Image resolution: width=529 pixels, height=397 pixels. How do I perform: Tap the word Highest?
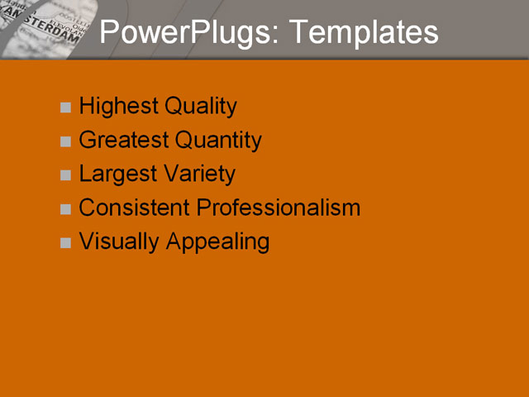pyautogui.click(x=118, y=107)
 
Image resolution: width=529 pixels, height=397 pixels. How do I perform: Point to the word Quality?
pyautogui.click(x=201, y=107)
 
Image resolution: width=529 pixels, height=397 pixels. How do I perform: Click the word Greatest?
pyautogui.click(x=123, y=141)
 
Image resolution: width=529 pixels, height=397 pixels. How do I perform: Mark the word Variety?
pyautogui.click(x=198, y=175)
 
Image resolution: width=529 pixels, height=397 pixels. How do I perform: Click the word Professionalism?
pyautogui.click(x=279, y=208)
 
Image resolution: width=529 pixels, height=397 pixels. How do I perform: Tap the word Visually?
pyautogui.click(x=119, y=242)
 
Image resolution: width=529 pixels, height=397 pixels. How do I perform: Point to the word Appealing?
pyautogui.click(x=218, y=242)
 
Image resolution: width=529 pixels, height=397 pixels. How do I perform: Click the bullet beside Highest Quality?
pyautogui.click(x=66, y=108)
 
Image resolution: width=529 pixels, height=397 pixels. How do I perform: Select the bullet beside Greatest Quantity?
pyautogui.click(x=66, y=141)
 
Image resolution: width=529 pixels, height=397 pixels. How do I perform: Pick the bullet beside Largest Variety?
pyautogui.click(x=66, y=175)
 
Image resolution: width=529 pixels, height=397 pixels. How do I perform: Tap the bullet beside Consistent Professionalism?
pyautogui.click(x=66, y=209)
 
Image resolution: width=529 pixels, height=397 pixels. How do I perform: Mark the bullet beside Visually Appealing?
pyautogui.click(x=66, y=243)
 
